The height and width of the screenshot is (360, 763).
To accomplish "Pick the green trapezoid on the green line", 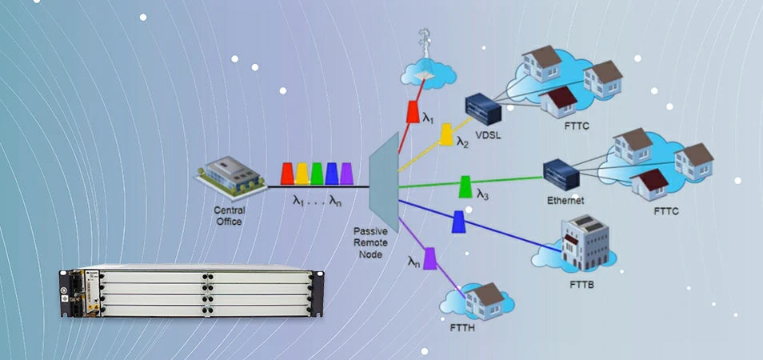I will point(464,188).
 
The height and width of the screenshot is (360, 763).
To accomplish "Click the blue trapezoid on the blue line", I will point(458,222).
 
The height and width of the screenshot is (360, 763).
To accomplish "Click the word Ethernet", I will point(566,200).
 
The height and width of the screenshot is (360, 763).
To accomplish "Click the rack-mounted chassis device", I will point(192,294).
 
